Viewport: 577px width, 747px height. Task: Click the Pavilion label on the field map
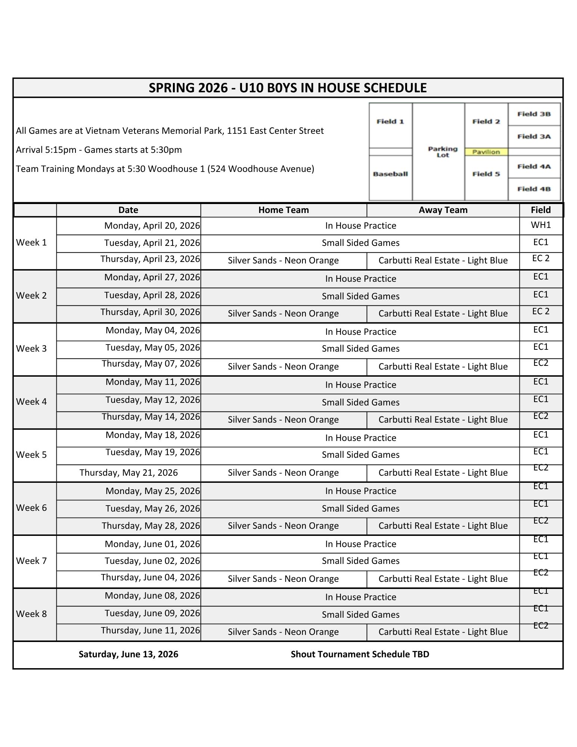point(486,152)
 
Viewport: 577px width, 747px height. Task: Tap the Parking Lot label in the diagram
point(443,152)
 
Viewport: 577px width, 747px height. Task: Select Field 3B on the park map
point(534,114)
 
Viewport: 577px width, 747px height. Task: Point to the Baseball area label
point(390,174)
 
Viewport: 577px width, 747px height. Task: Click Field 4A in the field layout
point(534,166)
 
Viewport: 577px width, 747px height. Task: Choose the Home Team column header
point(283,210)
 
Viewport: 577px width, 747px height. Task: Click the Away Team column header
point(443,210)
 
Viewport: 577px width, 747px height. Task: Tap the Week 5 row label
point(31,455)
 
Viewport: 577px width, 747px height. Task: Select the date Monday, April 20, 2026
point(152,226)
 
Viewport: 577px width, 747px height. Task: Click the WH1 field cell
point(541,225)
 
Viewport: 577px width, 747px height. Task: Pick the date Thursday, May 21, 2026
point(128,473)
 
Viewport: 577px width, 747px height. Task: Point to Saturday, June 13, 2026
point(128,654)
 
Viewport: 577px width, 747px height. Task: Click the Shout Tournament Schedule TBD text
point(360,654)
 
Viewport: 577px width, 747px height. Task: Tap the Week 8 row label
point(31,614)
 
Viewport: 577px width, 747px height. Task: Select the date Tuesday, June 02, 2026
point(152,561)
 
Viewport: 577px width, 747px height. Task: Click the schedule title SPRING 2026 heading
point(288,88)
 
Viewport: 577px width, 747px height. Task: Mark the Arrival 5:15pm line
point(99,150)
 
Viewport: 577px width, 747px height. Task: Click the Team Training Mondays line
point(165,169)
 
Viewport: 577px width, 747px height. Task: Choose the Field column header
point(541,210)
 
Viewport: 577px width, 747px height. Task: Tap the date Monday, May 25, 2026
point(153,491)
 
